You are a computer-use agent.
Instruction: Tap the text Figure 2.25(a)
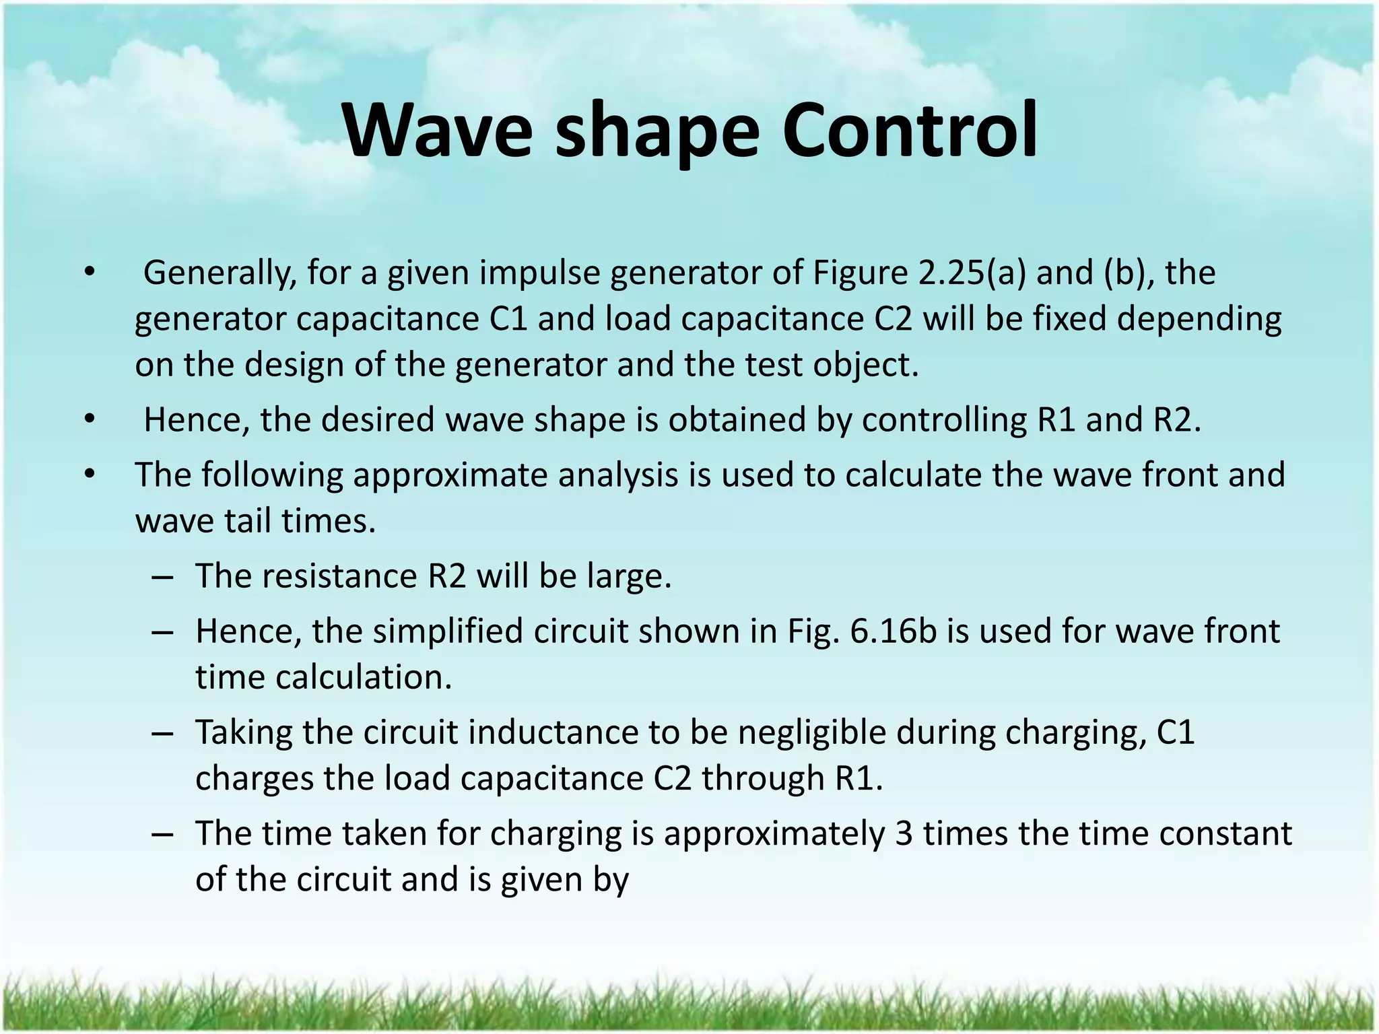point(920,273)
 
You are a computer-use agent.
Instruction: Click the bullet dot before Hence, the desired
point(90,420)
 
